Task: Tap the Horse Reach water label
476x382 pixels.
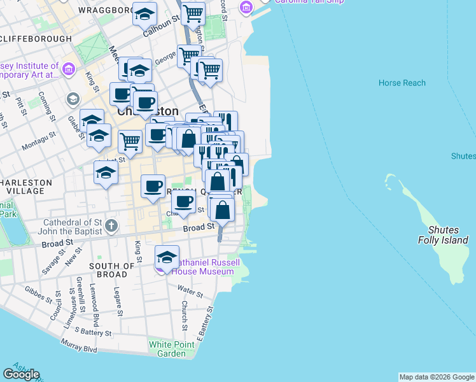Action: pyautogui.click(x=402, y=83)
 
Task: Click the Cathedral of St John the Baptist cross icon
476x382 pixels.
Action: pyautogui.click(x=111, y=225)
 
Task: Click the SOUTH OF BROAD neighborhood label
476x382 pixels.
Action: pyautogui.click(x=112, y=270)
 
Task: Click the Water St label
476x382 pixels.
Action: pyautogui.click(x=190, y=292)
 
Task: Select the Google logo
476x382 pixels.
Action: pyautogui.click(x=21, y=374)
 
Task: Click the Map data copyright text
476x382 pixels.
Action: pyautogui.click(x=437, y=377)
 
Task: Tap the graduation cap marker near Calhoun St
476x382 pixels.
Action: pyautogui.click(x=144, y=13)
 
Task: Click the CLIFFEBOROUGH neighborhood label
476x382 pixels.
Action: pyautogui.click(x=36, y=39)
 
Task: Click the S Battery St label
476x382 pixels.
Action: pyautogui.click(x=93, y=332)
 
